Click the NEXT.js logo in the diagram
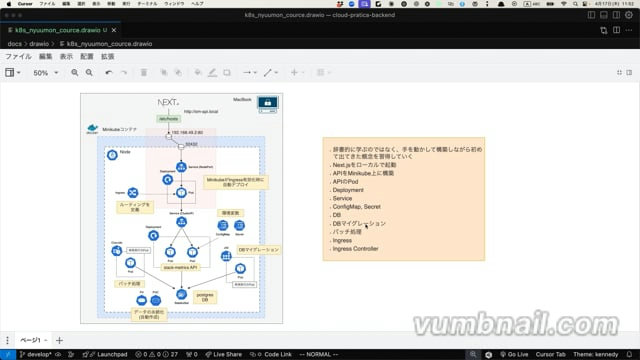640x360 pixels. (168, 103)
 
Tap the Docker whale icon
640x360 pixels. (93, 130)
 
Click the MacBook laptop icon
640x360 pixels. (267, 103)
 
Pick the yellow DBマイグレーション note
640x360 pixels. (258, 248)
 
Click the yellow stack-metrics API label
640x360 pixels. (181, 268)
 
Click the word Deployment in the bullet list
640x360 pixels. (348, 188)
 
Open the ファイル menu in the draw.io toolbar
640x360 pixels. (19, 57)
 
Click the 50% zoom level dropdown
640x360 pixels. (45, 73)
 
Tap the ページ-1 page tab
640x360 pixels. (31, 340)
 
